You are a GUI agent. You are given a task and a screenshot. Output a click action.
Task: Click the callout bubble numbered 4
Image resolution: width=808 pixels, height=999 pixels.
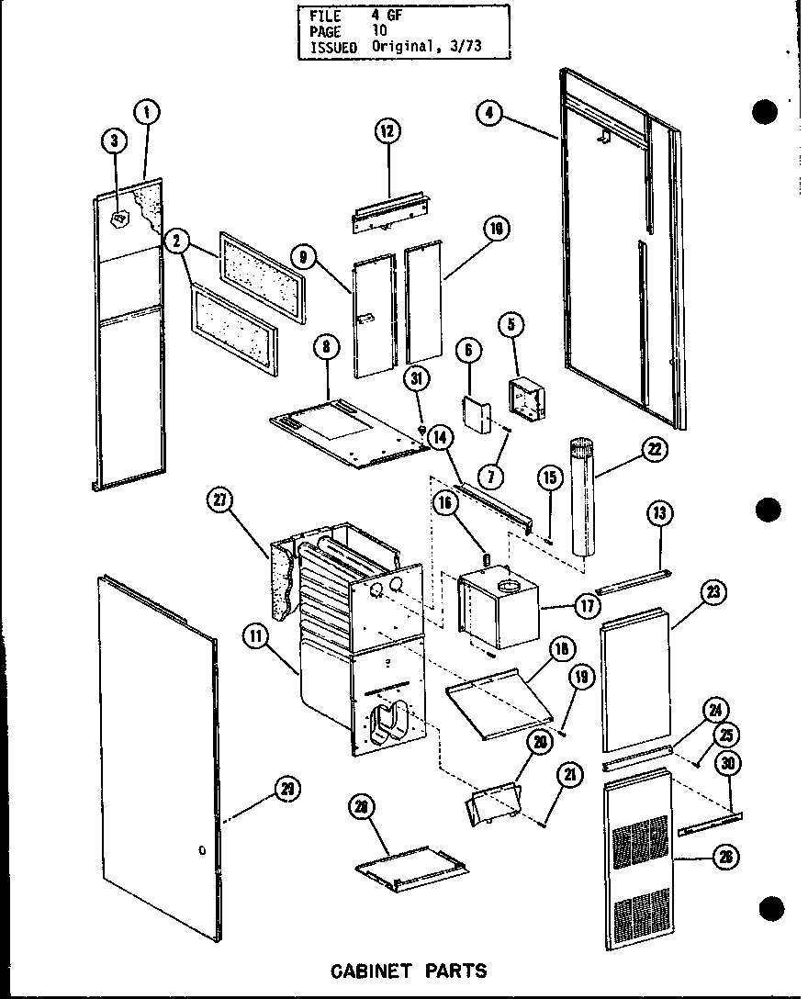click(490, 113)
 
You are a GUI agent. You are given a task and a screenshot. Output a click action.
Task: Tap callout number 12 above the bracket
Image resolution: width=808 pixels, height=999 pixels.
click(387, 131)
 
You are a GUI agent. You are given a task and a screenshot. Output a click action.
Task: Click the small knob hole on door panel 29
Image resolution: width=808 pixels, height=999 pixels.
click(201, 852)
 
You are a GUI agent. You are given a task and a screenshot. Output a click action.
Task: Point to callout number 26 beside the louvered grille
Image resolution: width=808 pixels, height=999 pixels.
click(726, 859)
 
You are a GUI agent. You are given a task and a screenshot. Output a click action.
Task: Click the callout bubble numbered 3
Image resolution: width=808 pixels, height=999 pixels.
click(114, 140)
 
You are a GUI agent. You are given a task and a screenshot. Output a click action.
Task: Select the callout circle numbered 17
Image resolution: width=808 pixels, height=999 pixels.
click(586, 605)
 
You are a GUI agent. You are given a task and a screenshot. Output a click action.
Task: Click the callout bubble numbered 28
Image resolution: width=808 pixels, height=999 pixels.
click(362, 806)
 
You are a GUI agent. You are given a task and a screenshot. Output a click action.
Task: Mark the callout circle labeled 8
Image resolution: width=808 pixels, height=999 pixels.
click(325, 348)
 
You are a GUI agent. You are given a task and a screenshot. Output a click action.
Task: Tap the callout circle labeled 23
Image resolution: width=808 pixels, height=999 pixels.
click(713, 593)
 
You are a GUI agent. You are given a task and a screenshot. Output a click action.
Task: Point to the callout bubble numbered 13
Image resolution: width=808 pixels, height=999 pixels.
click(659, 513)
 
